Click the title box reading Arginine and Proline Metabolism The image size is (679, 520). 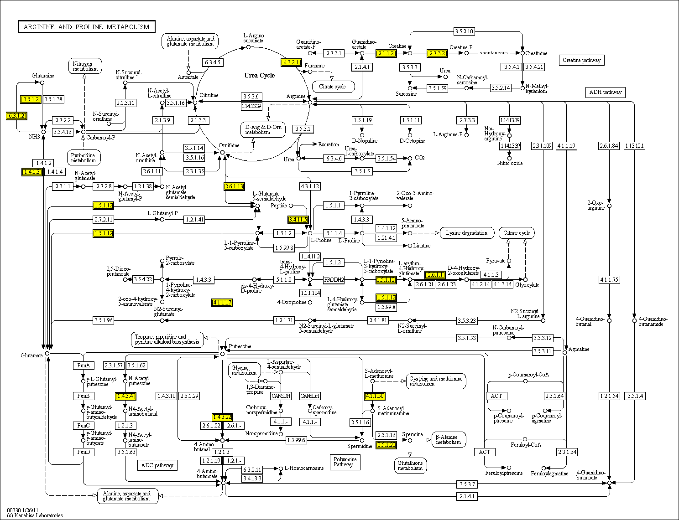86,27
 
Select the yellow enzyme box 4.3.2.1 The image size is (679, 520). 291,62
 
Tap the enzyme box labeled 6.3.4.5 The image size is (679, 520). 213,62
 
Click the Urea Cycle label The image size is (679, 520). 260,75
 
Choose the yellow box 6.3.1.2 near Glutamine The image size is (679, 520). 16,116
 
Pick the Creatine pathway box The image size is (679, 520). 581,60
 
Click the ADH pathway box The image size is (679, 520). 605,92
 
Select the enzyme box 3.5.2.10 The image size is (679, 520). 464,31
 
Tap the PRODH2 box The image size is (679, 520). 334,279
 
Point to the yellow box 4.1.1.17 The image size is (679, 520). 222,303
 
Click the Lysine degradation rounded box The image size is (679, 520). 467,233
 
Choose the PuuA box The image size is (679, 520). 83,366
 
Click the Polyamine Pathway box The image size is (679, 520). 345,462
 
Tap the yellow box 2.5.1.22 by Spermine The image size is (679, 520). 386,445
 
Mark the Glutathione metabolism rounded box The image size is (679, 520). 410,465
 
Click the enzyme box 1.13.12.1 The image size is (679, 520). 634,146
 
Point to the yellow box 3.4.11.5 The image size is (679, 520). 298,220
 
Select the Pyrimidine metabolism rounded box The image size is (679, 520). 84,158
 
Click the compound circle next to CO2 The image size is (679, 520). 410,158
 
